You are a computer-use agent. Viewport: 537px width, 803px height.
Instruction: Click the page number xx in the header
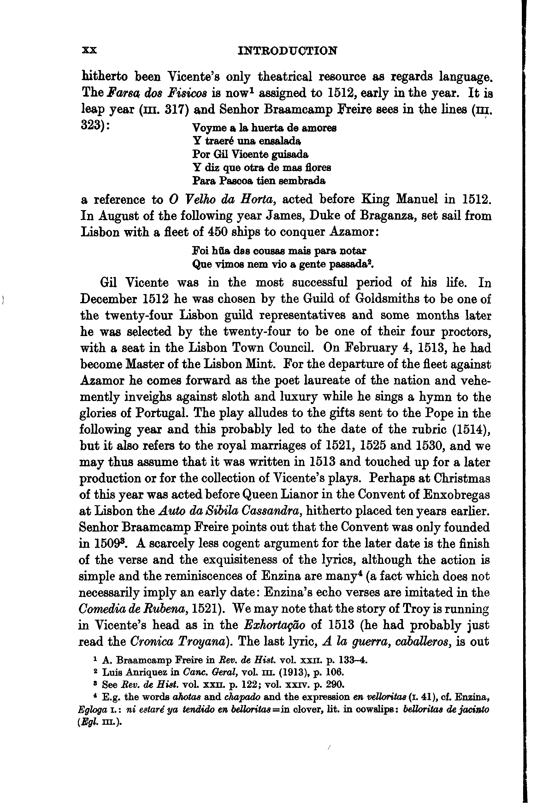point(90,51)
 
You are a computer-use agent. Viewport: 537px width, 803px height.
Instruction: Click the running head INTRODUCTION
point(287,51)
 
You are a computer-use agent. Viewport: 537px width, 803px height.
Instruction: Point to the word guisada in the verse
point(290,154)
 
